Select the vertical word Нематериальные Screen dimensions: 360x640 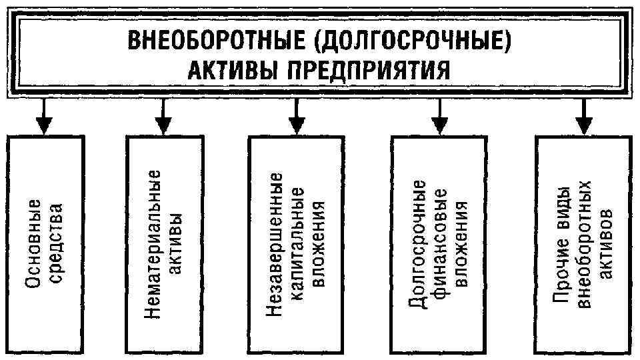pos(154,243)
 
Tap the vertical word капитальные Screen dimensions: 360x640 pos(298,243)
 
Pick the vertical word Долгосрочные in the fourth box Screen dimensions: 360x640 pos(419,243)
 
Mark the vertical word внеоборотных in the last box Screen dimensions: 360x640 pos(585,243)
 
